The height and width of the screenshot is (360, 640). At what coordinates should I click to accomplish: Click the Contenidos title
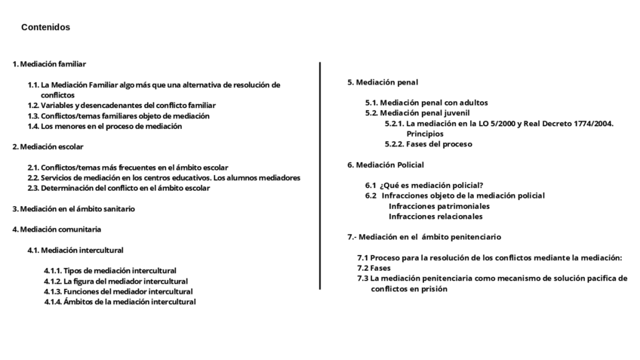coord(45,27)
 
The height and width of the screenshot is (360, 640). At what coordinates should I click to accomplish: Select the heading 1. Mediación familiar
coord(49,64)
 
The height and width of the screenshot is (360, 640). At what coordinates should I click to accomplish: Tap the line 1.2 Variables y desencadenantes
coord(122,106)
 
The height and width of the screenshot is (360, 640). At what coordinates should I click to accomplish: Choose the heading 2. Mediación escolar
coord(48,146)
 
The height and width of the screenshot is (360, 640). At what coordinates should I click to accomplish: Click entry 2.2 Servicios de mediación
coord(164,178)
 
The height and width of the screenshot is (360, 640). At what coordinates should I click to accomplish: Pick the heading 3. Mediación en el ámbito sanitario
coord(74,208)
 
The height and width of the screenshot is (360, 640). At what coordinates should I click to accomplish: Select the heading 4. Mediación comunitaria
coord(57,229)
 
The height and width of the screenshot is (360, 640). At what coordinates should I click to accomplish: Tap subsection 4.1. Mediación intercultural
coord(75,250)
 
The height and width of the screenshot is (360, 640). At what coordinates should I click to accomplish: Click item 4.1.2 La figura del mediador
coord(115,282)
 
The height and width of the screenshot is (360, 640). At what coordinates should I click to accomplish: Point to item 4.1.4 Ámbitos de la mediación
coord(119,302)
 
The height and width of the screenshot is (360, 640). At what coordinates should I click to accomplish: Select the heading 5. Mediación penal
coord(383,82)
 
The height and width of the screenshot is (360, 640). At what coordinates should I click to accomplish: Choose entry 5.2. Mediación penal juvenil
coord(417,113)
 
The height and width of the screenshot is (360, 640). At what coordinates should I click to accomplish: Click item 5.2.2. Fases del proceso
coord(428,144)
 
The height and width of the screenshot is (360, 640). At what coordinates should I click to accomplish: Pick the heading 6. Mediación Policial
coord(385,165)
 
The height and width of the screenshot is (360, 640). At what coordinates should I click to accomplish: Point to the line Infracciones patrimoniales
coord(438,206)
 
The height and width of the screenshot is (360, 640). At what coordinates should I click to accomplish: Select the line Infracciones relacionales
coord(435,217)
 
